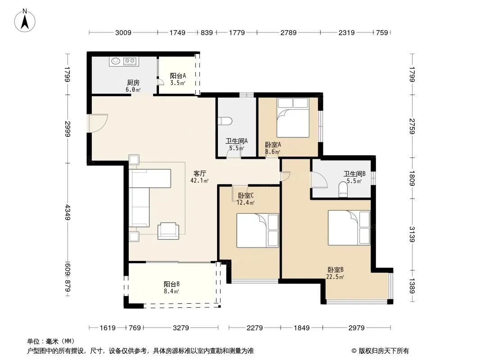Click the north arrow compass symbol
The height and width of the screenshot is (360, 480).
tap(25, 20)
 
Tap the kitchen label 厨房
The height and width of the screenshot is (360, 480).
tap(133, 83)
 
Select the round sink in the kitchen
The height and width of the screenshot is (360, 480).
tap(115, 61)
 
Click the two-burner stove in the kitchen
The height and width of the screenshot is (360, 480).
tap(130, 62)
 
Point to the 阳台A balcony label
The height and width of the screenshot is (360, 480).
tap(178, 76)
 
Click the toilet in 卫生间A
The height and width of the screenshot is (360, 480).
tap(224, 121)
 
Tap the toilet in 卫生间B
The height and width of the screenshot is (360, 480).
tap(343, 189)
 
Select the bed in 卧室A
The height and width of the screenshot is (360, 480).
tap(293, 118)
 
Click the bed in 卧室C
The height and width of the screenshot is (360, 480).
tap(258, 230)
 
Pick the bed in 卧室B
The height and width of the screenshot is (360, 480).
tap(349, 228)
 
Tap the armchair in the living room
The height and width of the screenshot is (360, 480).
tap(168, 231)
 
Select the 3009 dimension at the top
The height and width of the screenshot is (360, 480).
tap(123, 32)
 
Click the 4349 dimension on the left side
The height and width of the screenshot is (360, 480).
tap(68, 212)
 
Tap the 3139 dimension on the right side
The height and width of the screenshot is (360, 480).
tap(412, 234)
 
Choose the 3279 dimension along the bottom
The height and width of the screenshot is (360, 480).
tap(181, 328)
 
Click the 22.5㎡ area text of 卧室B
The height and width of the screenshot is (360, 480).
tap(335, 277)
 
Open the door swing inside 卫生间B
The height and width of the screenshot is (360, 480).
tap(319, 180)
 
